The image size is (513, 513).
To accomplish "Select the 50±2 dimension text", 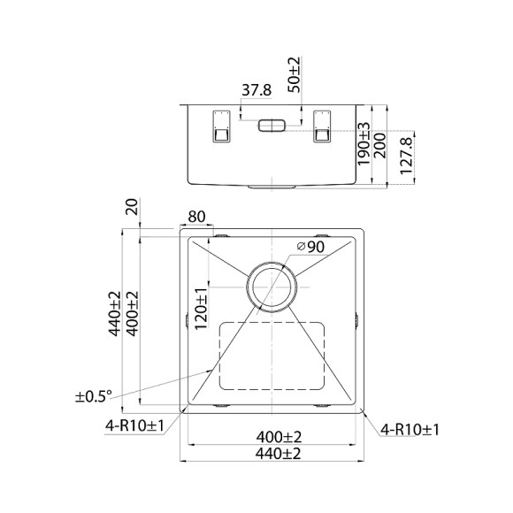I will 295,75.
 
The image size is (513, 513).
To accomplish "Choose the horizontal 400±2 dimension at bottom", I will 274,437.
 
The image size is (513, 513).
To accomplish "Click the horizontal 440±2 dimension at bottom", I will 274,454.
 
